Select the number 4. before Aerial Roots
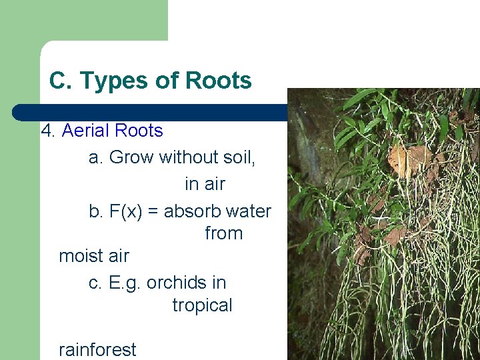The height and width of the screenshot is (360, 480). (48, 130)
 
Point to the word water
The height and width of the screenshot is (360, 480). (249, 211)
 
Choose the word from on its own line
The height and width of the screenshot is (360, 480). (223, 233)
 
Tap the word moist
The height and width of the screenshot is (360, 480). (81, 255)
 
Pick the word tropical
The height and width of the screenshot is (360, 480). (202, 305)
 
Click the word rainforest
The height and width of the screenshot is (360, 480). (97, 349)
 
